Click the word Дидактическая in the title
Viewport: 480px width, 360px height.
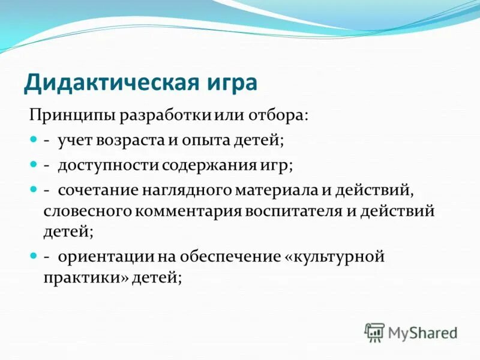(x=112, y=81)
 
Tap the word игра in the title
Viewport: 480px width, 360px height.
(x=231, y=81)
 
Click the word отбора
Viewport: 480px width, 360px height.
(x=281, y=114)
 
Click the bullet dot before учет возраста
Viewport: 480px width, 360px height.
(x=34, y=139)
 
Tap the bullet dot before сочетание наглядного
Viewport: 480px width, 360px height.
(x=34, y=189)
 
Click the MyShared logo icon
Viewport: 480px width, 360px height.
(x=374, y=332)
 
